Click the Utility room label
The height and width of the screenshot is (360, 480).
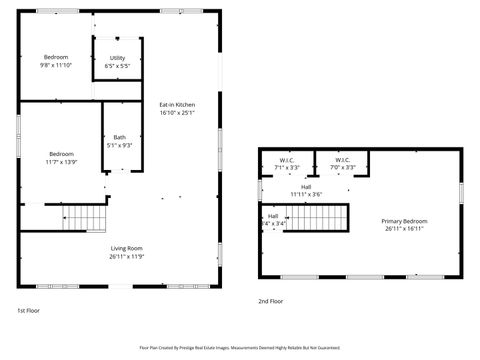(x=117, y=58)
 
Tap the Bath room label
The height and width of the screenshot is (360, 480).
(x=120, y=137)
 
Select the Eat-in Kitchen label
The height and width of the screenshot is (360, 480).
(x=177, y=105)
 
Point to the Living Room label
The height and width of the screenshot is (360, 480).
(x=127, y=248)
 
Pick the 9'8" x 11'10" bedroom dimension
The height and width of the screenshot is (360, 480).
(x=57, y=65)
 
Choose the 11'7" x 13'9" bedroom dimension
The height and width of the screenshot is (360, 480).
(x=61, y=161)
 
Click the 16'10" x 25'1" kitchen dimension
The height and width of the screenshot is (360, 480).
(x=177, y=113)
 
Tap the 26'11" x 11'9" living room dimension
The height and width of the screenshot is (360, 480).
(x=127, y=256)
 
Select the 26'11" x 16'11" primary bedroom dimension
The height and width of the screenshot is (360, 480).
(x=404, y=228)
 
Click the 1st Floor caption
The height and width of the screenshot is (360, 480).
(x=28, y=310)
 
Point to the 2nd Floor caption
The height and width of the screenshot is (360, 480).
(x=270, y=301)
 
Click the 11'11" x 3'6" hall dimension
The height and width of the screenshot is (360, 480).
(x=306, y=194)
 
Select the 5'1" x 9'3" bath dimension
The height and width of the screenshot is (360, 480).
(x=120, y=145)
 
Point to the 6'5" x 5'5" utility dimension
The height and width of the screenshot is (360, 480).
(x=117, y=66)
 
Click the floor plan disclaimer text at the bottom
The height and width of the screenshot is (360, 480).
(x=239, y=348)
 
